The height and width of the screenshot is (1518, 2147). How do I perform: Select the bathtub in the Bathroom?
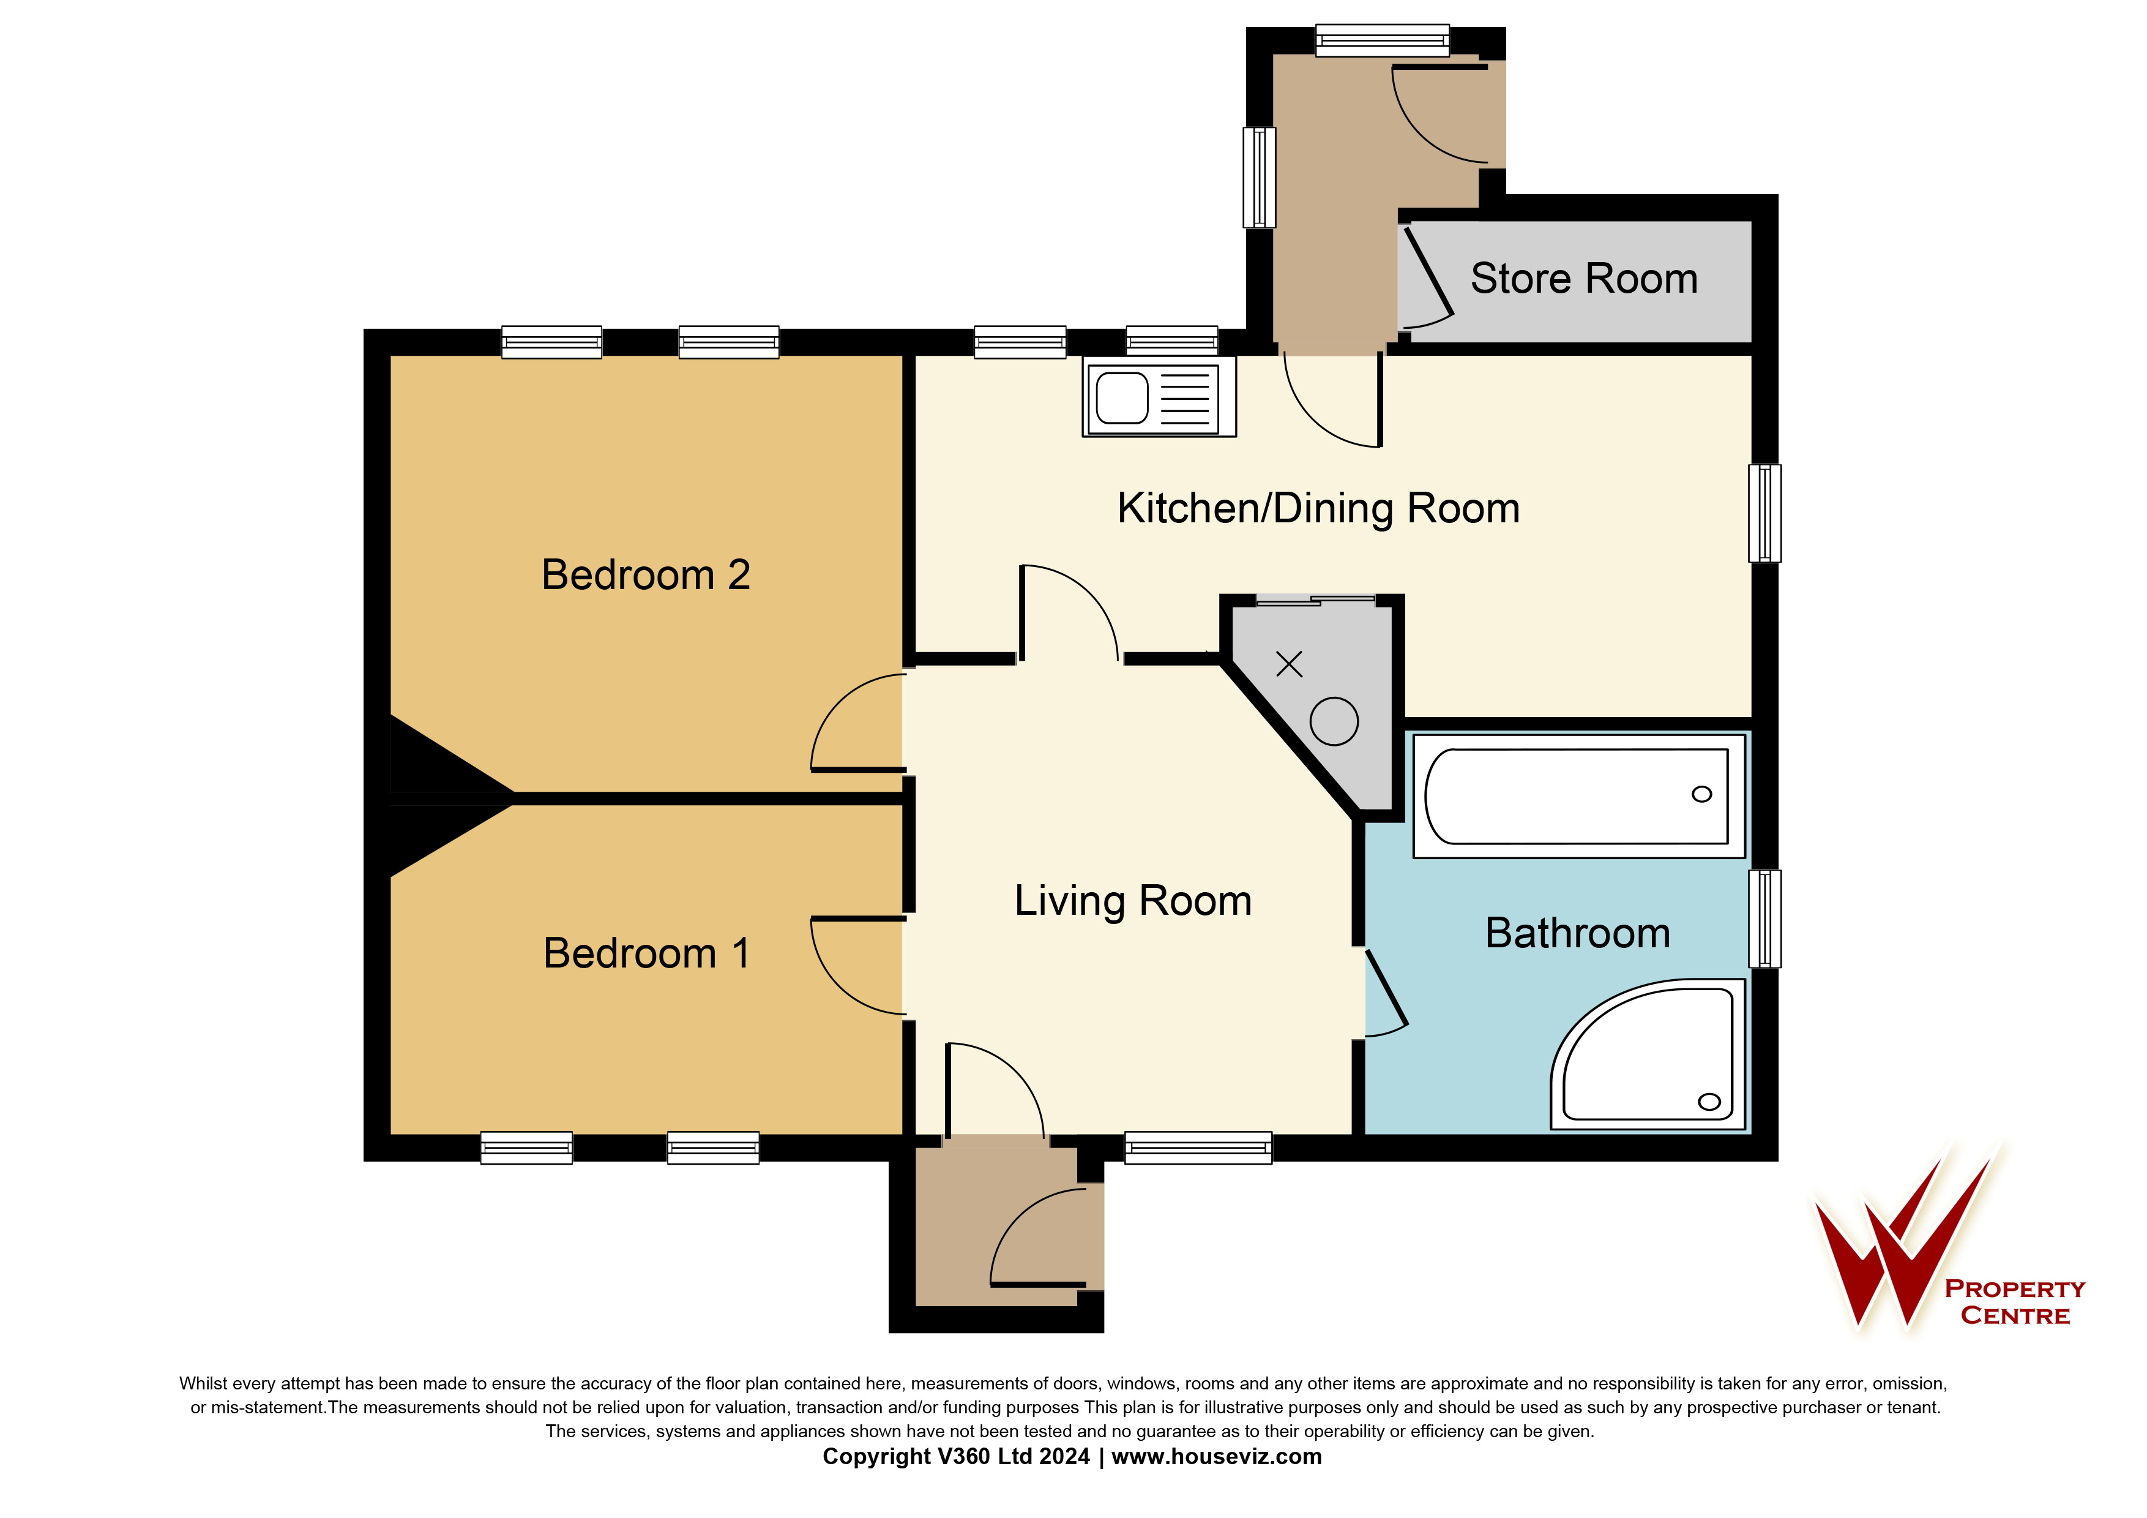[1578, 796]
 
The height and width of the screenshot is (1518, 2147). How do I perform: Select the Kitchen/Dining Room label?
[1318, 508]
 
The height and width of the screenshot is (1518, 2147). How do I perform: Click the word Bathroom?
[1578, 933]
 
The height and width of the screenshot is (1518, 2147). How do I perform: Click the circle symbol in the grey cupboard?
[1334, 721]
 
